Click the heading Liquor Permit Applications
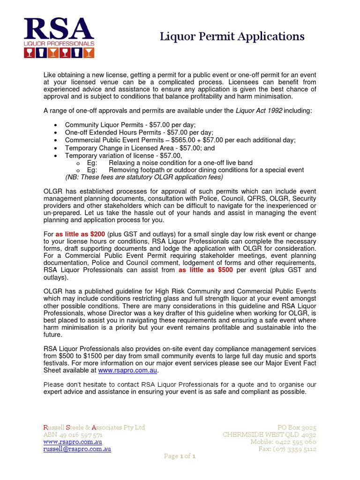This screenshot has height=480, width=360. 232,37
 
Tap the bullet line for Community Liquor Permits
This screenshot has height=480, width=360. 130,125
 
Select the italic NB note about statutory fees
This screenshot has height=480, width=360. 144,177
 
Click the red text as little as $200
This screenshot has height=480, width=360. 80,234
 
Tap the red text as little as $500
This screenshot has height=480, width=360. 206,270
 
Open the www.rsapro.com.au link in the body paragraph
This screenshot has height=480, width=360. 127,370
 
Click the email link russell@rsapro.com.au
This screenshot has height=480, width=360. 77,449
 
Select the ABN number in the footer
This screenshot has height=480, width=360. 73,435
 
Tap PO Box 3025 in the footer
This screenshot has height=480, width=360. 296,427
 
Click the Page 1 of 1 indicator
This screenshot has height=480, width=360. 180,457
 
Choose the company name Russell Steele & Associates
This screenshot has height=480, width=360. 94,427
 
